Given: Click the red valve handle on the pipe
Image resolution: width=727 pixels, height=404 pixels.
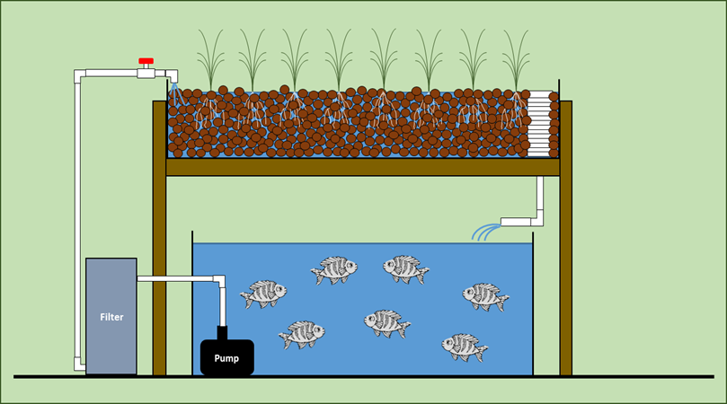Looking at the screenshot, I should pyautogui.click(x=146, y=62).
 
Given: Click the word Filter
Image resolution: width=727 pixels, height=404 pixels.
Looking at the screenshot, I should pyautogui.click(x=111, y=317).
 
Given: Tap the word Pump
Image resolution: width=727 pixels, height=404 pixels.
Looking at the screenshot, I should pyautogui.click(x=226, y=357).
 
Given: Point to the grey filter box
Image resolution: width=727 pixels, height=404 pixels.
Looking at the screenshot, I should pyautogui.click(x=111, y=296).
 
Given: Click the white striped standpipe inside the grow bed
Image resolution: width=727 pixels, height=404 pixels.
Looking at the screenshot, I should pyautogui.click(x=538, y=121).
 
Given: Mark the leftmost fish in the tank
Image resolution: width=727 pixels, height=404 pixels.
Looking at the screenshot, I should pyautogui.click(x=263, y=293).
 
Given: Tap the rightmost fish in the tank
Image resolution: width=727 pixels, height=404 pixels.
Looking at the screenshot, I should pyautogui.click(x=486, y=296).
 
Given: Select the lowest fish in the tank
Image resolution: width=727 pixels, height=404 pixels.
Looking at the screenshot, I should pyautogui.click(x=465, y=346).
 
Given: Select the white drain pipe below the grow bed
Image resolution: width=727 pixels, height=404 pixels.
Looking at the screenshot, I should pyautogui.click(x=539, y=198).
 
